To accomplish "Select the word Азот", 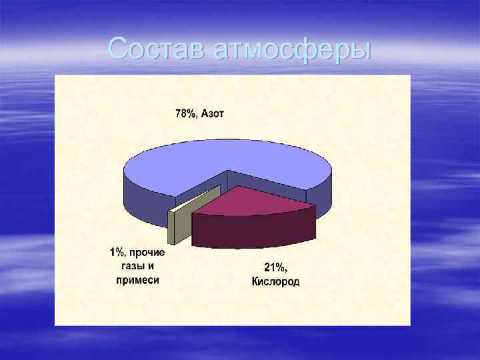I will [x=213, y=114].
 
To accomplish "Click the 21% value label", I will [x=275, y=267].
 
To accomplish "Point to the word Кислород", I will [x=275, y=281].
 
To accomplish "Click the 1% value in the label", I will [x=117, y=253].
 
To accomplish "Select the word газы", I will [x=130, y=267].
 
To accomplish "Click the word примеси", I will [x=138, y=280].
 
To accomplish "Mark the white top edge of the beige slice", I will [x=195, y=200].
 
